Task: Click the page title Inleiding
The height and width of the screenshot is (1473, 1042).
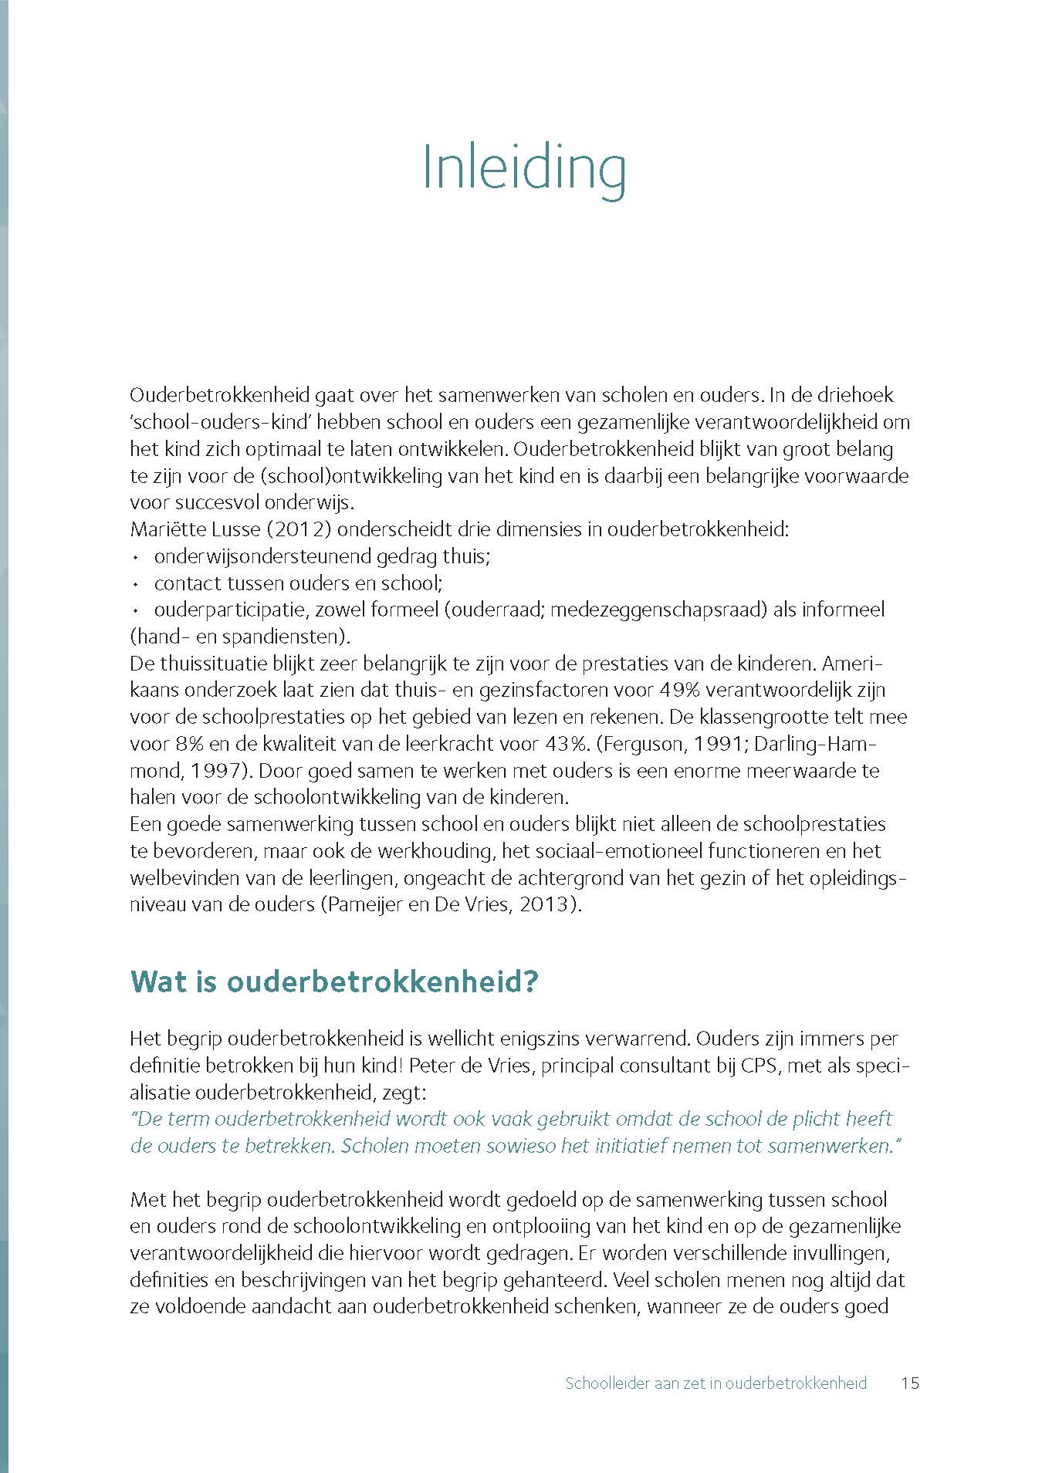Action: (x=524, y=168)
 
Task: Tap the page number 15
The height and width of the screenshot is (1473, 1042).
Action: (x=910, y=1383)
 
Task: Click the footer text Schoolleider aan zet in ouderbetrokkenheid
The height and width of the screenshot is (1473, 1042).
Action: (x=716, y=1383)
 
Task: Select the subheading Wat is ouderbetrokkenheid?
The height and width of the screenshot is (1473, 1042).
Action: (x=333, y=981)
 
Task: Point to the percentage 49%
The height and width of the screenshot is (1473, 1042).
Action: (x=679, y=690)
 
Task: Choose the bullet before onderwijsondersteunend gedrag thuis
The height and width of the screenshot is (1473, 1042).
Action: (x=136, y=557)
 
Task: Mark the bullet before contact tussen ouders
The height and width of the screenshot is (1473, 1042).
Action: (x=136, y=584)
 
